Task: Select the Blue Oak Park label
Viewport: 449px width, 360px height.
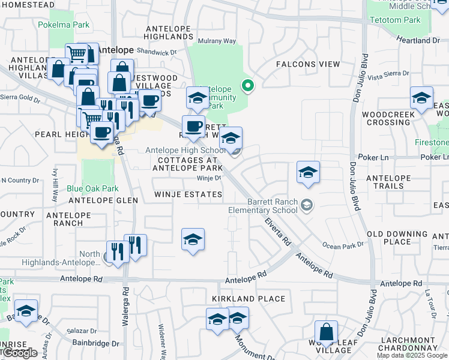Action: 92,188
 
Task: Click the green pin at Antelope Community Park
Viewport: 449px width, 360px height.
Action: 249,86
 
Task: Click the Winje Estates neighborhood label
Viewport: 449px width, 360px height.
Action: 188,194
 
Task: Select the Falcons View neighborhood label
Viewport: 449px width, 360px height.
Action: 307,64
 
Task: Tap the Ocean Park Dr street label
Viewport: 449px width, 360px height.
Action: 343,245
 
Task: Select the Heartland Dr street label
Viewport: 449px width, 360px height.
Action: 418,40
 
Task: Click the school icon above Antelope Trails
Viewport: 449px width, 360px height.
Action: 308,172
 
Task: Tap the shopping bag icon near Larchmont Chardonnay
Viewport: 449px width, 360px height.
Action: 326,332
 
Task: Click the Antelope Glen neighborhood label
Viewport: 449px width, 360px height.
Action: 95,200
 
